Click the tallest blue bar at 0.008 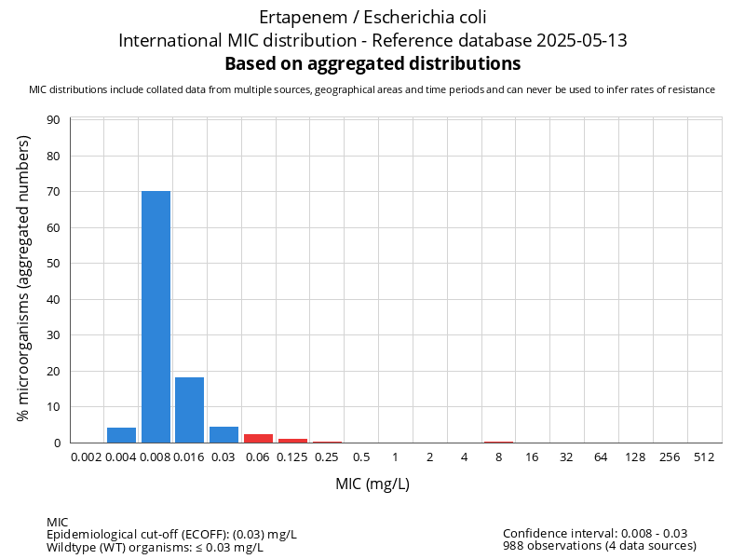(156, 317)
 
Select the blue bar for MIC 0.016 (190, 410)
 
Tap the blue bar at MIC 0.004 (121, 435)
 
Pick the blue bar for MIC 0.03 (223, 434)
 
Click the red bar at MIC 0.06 (258, 438)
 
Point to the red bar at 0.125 (292, 441)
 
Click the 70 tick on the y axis (53, 192)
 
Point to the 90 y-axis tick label (53, 120)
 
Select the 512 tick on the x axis (704, 457)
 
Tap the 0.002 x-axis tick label (87, 457)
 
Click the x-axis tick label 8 (498, 457)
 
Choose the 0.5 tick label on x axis (361, 457)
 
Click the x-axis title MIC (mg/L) (372, 484)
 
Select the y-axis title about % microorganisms (24, 278)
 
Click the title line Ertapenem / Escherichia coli (372, 17)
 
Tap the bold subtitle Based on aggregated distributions (372, 63)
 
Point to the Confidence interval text (595, 533)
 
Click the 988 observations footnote (599, 546)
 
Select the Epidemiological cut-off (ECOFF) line (171, 534)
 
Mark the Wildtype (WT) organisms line (155, 547)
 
